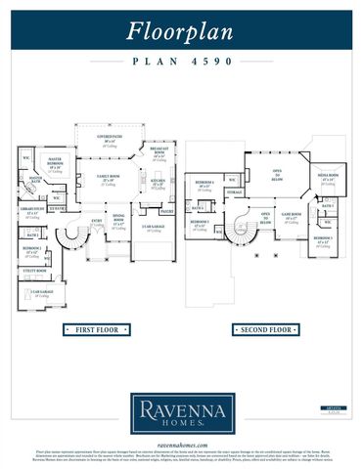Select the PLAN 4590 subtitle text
181,61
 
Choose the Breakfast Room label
159,152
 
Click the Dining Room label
118,221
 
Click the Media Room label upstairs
327,178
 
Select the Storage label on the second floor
236,193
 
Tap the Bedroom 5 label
324,237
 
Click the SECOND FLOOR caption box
265,331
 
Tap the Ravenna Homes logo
181,412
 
